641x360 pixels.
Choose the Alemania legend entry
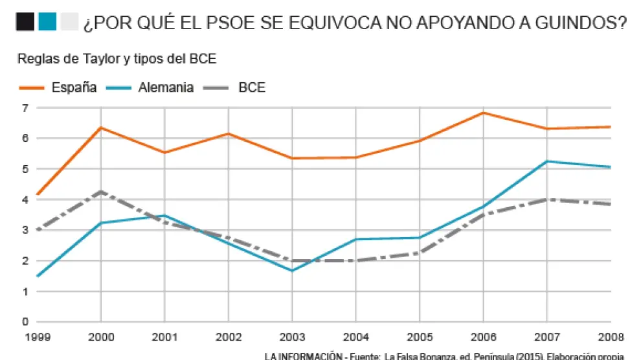pyautogui.click(x=166, y=87)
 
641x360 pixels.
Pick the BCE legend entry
pyautogui.click(x=252, y=87)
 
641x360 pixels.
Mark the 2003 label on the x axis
pyautogui.click(x=293, y=337)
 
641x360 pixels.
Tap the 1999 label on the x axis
pyautogui.click(x=38, y=337)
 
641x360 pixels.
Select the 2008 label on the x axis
pyautogui.click(x=611, y=337)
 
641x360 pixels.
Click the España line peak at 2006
pyautogui.click(x=484, y=113)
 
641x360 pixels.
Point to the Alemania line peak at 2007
pyautogui.click(x=548, y=161)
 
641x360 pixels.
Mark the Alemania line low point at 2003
pyautogui.click(x=293, y=271)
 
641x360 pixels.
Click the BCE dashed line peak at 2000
pyautogui.click(x=101, y=192)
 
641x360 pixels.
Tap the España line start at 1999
pyautogui.click(x=38, y=194)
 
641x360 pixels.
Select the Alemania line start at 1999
pyautogui.click(x=38, y=276)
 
